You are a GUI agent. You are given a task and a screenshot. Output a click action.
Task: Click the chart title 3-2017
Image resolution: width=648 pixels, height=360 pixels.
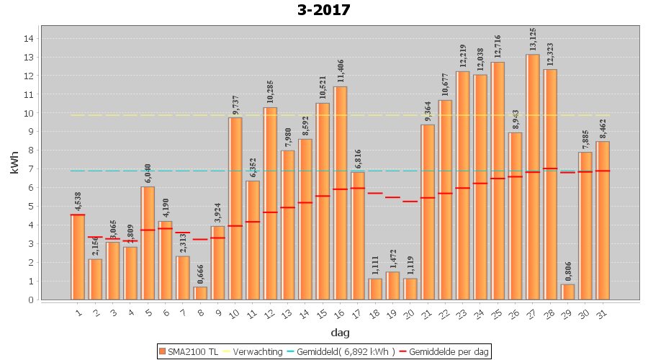click(323, 10)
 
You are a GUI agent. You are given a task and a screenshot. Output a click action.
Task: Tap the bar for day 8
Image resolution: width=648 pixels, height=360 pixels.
click(200, 293)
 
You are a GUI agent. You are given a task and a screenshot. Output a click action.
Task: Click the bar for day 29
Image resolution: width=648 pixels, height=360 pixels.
click(568, 292)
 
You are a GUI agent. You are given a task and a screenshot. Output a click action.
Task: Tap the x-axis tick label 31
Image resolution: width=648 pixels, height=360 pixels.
click(602, 312)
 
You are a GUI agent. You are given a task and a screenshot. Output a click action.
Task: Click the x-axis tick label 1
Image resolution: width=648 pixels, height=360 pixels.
click(78, 312)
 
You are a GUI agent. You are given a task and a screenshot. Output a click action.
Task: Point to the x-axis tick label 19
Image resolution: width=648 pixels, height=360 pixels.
click(392, 312)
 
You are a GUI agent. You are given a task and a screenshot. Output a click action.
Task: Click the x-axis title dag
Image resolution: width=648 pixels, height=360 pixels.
click(341, 332)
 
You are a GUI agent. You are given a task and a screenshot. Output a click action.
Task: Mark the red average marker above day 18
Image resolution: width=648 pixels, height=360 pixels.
click(375, 193)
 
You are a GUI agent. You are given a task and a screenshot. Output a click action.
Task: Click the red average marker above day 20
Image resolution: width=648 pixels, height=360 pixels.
click(410, 202)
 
